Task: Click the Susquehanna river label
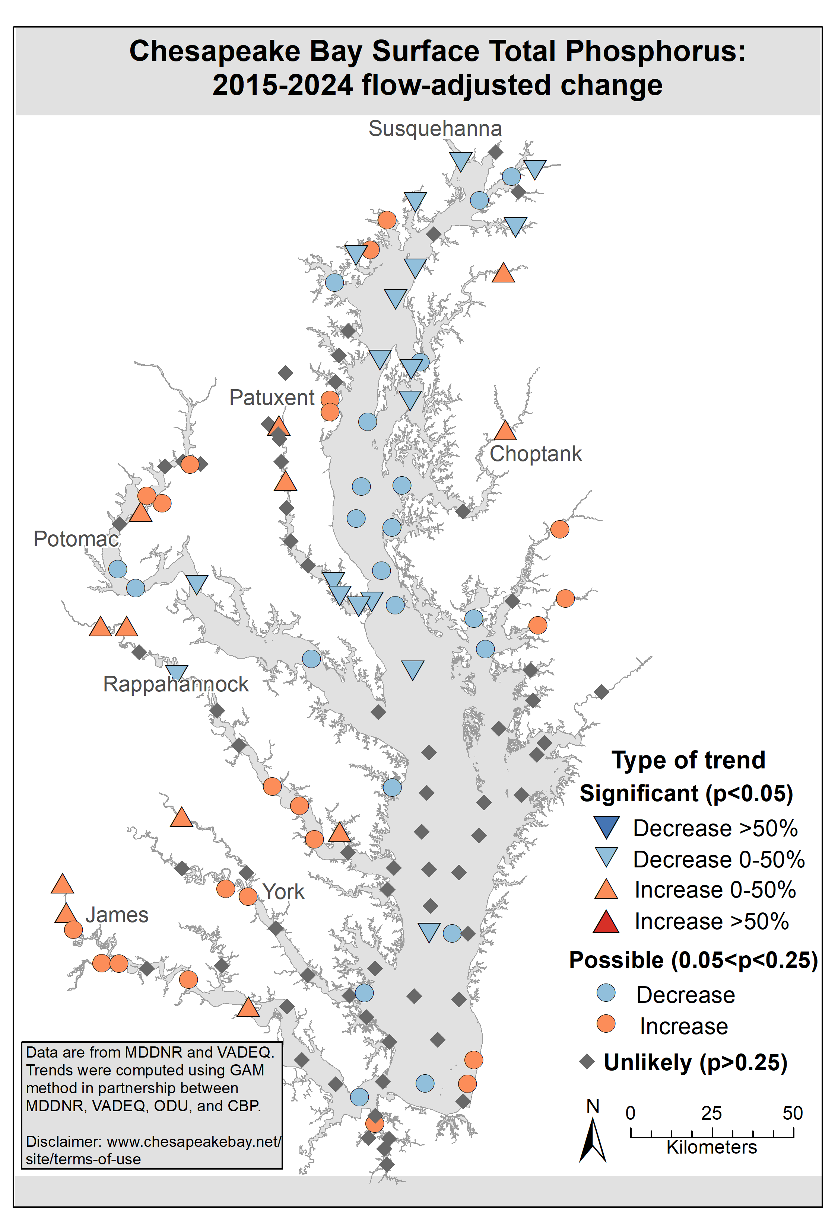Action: [435, 129]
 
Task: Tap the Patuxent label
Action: [272, 397]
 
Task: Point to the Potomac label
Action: [76, 539]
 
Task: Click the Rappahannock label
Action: [175, 684]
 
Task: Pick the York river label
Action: [283, 892]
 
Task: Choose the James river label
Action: [117, 915]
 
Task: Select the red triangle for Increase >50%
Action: [606, 922]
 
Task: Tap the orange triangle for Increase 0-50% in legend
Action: [606, 890]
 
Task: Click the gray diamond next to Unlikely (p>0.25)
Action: [587, 1062]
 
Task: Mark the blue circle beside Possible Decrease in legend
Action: [606, 993]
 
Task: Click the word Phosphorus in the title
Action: [655, 52]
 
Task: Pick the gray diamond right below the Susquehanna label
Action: [495, 152]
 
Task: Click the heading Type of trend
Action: [688, 760]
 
